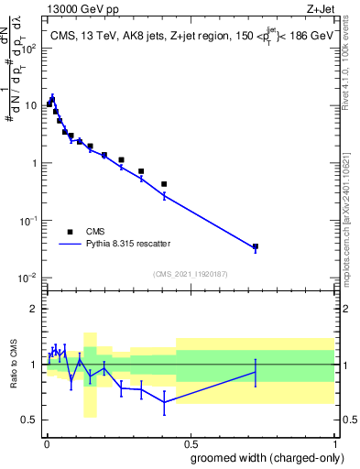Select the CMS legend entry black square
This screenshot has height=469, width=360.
(70, 232)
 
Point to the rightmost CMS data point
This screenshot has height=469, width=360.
(256, 246)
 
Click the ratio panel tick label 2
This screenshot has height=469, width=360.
(33, 309)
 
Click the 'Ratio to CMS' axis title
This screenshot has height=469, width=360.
(13, 365)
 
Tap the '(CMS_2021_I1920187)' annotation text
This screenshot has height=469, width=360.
(190, 273)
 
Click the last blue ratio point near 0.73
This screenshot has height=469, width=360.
(256, 371)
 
